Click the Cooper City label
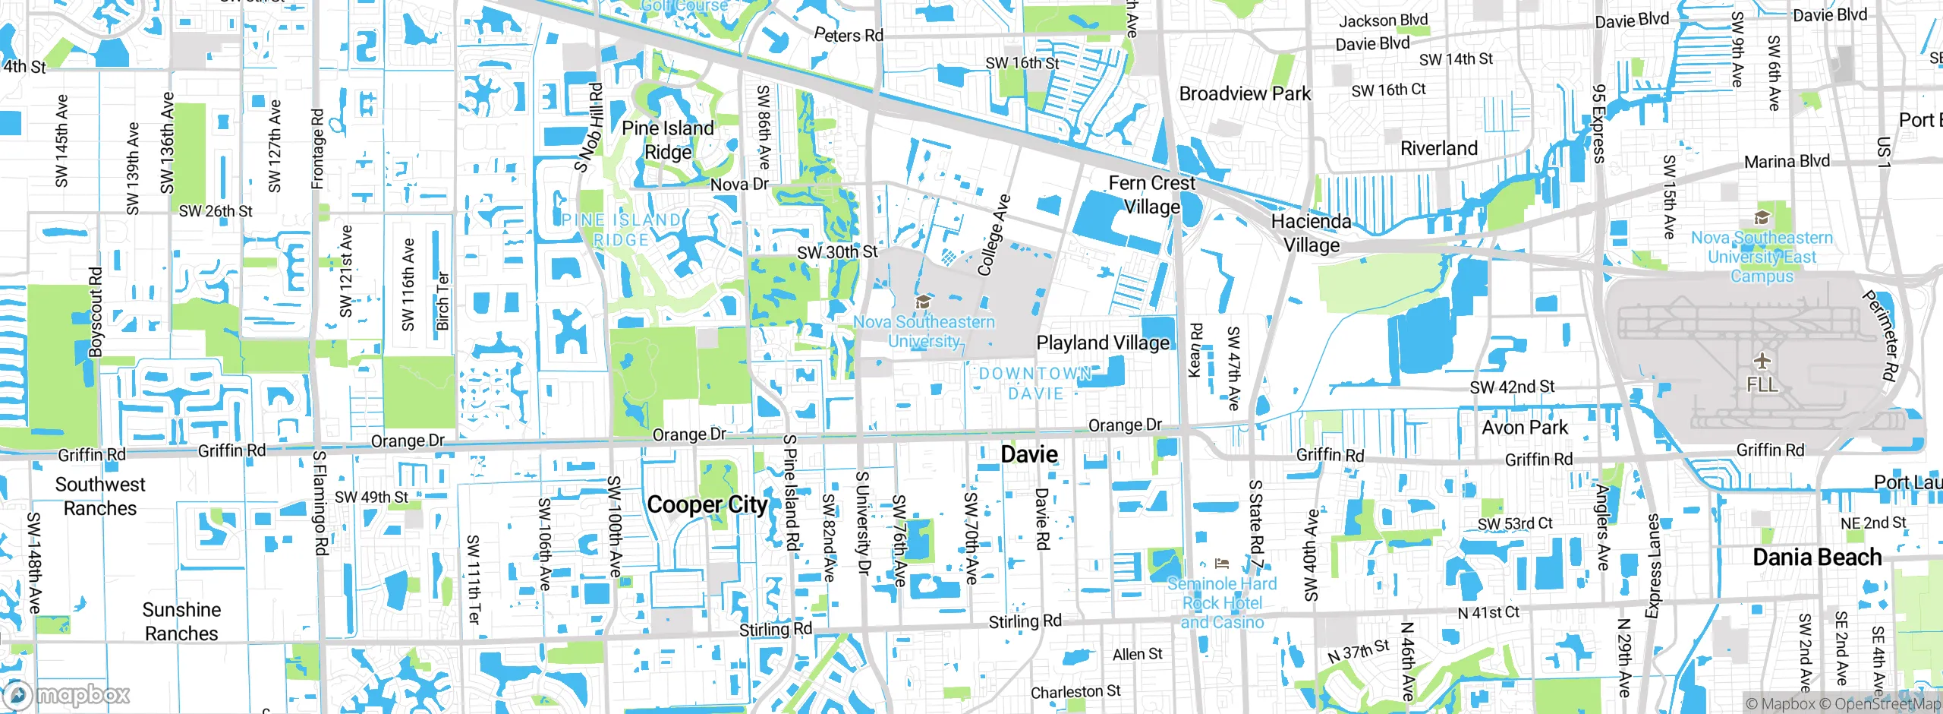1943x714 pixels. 707,505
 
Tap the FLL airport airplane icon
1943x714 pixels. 1762,360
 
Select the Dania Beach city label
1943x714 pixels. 1817,558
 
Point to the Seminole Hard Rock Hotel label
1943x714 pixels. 1222,603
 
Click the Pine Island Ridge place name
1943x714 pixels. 668,141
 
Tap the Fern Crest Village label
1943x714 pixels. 1151,195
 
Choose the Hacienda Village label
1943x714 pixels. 1311,233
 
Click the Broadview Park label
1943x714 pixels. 1245,94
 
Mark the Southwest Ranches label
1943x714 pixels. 100,496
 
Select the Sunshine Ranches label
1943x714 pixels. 181,621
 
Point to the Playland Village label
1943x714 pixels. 1103,343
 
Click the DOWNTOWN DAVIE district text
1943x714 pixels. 1035,384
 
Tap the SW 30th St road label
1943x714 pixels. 837,252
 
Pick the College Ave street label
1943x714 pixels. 994,235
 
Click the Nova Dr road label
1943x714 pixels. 739,185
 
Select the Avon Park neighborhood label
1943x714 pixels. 1525,428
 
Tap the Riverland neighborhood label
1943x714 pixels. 1439,148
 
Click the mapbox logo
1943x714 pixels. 67,694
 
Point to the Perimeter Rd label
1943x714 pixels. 1879,334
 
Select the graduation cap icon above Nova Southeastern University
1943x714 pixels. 923,302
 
